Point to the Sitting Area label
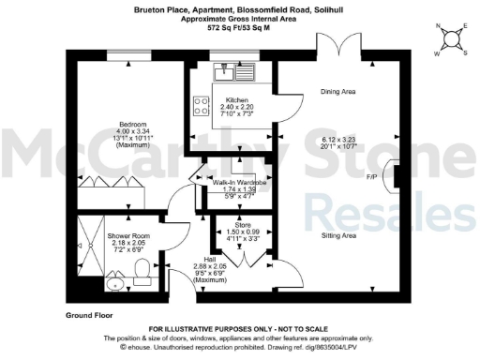coord(337,235)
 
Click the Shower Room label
coord(124,235)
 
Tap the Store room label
coord(244,224)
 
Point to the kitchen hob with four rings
coord(202,106)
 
